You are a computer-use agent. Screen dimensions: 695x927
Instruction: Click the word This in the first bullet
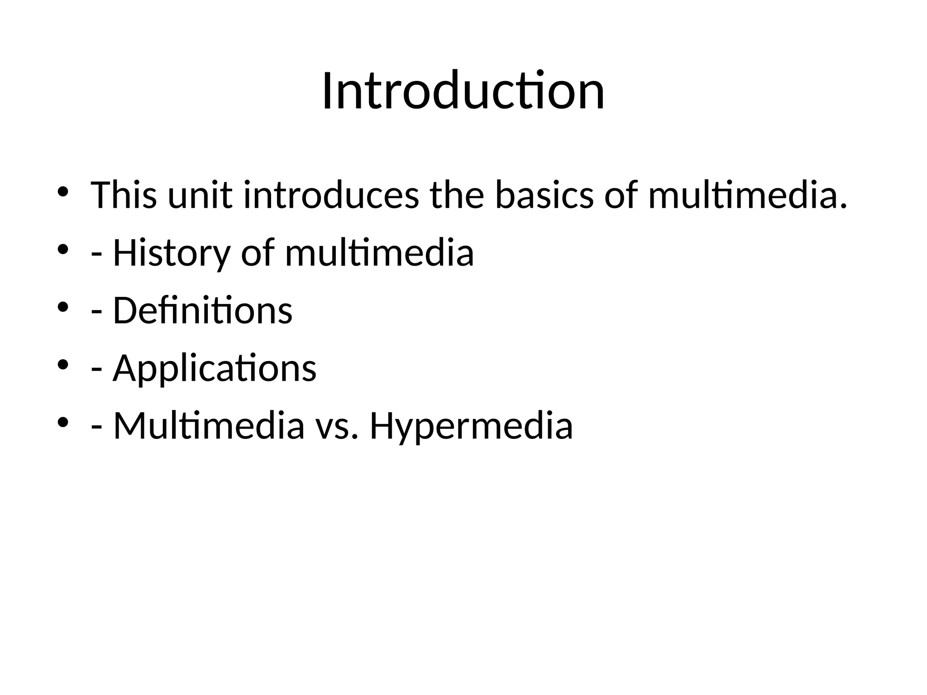[124, 195]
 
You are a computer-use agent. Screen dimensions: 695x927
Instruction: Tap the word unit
[200, 195]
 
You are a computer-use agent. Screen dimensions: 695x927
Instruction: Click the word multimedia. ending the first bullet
[747, 195]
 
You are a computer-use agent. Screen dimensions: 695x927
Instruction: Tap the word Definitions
[202, 310]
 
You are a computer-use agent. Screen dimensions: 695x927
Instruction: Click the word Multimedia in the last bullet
[209, 426]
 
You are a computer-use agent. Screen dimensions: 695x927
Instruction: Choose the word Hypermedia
[471, 426]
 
